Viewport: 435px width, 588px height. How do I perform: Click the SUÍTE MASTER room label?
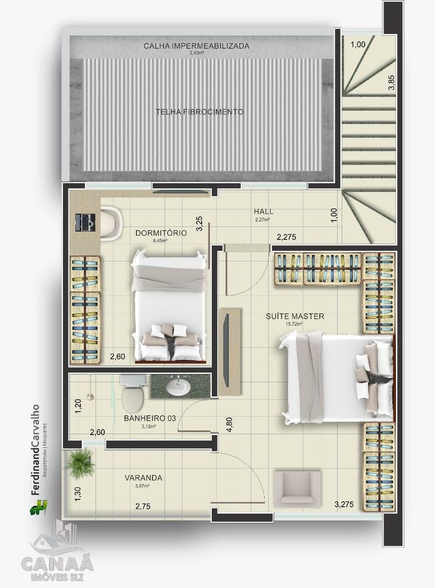click(x=295, y=316)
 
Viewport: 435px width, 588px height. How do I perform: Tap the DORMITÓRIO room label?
click(x=161, y=232)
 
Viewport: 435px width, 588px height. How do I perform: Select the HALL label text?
click(x=263, y=211)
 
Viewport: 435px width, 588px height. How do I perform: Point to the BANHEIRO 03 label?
click(x=150, y=418)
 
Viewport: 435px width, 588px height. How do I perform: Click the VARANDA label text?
click(x=143, y=478)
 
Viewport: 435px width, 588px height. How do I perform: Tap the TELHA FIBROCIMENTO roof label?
click(x=199, y=112)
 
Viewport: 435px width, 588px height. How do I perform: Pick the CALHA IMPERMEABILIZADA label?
click(x=196, y=46)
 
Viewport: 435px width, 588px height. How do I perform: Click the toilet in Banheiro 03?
click(x=133, y=393)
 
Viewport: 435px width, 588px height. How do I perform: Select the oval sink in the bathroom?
click(x=178, y=387)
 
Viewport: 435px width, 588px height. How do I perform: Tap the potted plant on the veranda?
click(x=80, y=464)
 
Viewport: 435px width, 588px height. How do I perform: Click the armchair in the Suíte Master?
click(x=297, y=488)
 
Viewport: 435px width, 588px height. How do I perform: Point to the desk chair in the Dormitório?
click(x=111, y=223)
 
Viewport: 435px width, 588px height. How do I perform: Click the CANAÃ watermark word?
click(x=57, y=564)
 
